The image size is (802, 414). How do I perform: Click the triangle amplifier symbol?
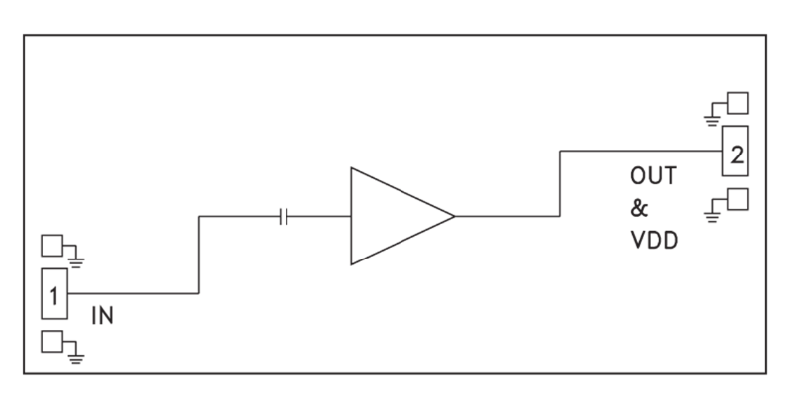[x=392, y=216]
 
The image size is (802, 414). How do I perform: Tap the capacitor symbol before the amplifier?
[x=283, y=216]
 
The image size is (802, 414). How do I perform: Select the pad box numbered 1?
[x=55, y=293]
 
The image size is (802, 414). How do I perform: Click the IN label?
[x=102, y=316]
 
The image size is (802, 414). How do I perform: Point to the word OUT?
[x=653, y=178]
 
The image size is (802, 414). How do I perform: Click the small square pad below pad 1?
[x=52, y=342]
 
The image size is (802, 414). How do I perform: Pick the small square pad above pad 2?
[x=738, y=103]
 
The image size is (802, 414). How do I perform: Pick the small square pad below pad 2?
[x=738, y=198]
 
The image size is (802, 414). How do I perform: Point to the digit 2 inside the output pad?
[x=736, y=153]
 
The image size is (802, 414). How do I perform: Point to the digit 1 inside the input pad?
[x=55, y=294]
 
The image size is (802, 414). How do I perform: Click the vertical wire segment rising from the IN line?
[x=200, y=255]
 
